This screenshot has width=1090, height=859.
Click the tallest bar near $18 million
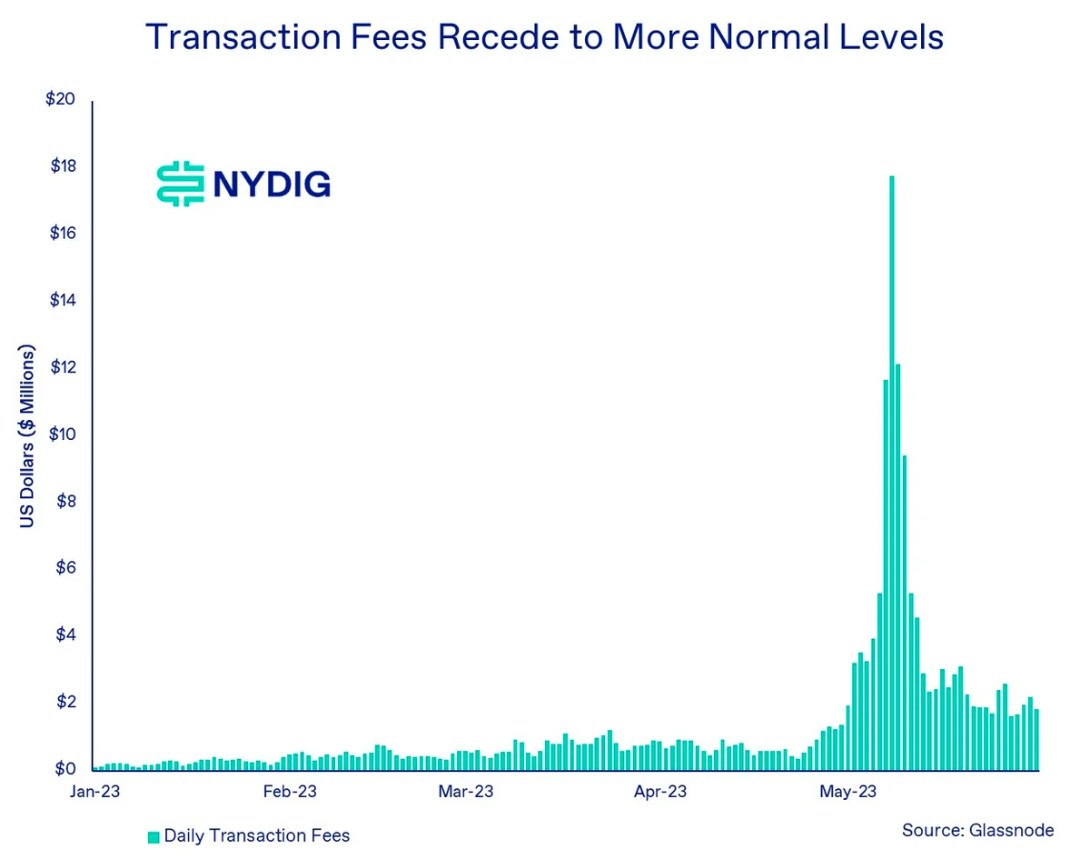pos(892,473)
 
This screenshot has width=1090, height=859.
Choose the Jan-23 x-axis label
pos(95,792)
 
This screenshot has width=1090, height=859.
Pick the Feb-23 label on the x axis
pos(290,792)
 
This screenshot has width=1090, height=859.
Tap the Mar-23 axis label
pos(466,792)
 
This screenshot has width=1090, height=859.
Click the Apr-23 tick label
pos(660,792)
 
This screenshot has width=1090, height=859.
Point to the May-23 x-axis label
pos(848,792)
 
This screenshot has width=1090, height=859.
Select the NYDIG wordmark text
pos(272,185)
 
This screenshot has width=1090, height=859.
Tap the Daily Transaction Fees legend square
pos(154,836)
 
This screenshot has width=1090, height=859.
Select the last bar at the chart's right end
pos(1036,739)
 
